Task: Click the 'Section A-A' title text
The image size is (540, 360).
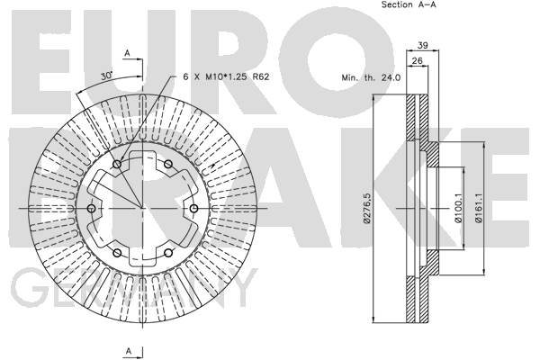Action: pos(409,4)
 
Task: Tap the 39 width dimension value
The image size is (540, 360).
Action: pos(423,45)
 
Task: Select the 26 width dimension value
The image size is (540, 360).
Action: pos(417,60)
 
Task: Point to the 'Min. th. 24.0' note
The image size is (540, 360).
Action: pos(371,78)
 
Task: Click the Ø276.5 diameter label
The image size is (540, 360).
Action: pos(367,208)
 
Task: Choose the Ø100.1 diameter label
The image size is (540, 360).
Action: pos(458,208)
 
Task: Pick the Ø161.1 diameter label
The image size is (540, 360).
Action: pos(479,208)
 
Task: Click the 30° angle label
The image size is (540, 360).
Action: pos(106,76)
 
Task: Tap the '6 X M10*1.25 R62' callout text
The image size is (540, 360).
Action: pos(226,76)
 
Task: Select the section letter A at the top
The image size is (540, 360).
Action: pos(128,53)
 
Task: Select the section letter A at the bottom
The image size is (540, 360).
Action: pos(128,351)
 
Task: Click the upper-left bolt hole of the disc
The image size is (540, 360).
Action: pos(117,165)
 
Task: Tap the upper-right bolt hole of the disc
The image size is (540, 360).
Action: pos(168,165)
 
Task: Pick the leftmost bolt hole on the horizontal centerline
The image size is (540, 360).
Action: pos(92,209)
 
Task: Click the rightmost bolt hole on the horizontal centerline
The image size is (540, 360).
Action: pos(193,209)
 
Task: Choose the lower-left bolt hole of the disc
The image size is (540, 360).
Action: pos(117,253)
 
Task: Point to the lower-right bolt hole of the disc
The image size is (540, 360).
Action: pos(168,253)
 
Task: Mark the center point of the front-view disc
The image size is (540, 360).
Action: pos(142,209)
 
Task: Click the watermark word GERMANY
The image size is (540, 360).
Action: pos(134,288)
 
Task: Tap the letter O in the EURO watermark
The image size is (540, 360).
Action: pos(336,61)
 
